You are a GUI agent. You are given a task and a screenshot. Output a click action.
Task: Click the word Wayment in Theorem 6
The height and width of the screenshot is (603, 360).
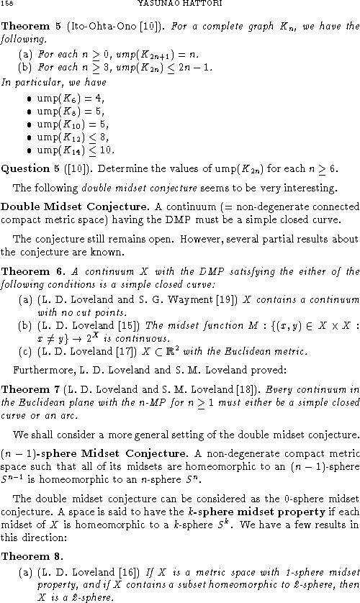149,301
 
